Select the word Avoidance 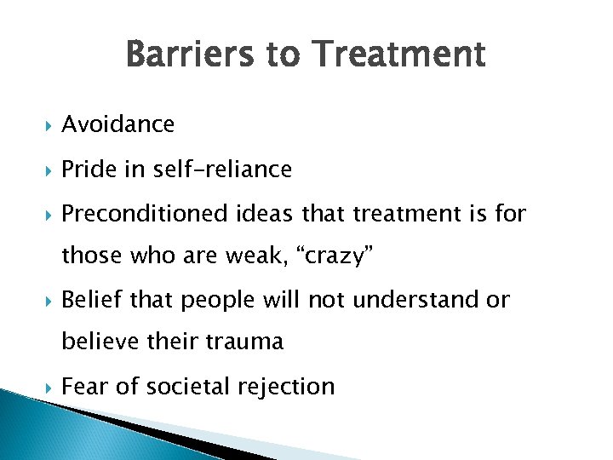click(118, 124)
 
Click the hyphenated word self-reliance click(222, 170)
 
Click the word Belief click(88, 300)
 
